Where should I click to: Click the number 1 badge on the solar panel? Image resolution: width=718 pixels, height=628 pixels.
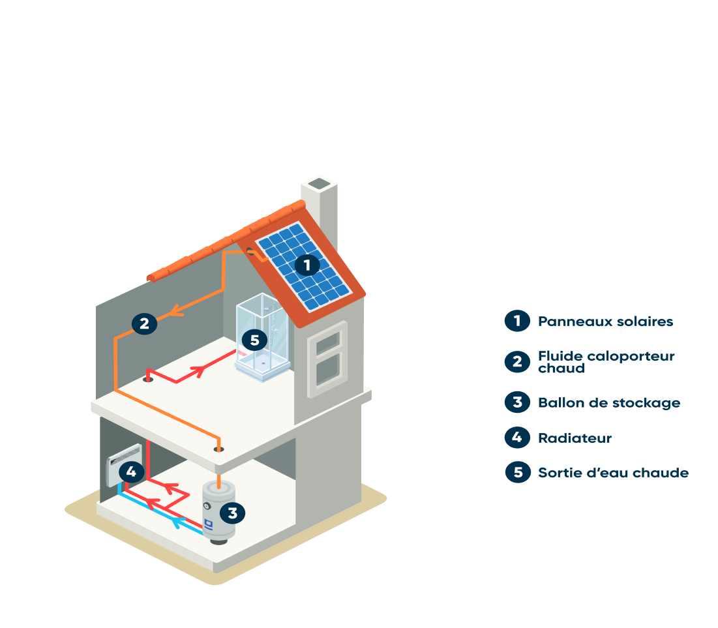(307, 265)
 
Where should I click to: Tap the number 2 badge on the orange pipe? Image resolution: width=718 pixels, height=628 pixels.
(144, 323)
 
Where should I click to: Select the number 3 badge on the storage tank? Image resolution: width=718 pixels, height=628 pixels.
(232, 513)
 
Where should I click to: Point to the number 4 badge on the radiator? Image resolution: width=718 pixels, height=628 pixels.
(132, 471)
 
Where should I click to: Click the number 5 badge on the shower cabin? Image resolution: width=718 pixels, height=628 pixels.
(254, 340)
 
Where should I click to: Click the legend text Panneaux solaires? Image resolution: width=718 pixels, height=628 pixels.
(605, 321)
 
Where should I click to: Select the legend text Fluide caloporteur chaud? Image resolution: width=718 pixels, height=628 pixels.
(606, 362)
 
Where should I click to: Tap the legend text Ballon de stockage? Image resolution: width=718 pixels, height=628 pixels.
(608, 403)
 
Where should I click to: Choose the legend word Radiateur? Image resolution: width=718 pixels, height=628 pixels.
(575, 438)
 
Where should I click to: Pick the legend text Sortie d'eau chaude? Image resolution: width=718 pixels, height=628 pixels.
(613, 473)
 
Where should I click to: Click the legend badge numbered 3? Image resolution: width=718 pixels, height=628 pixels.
(517, 402)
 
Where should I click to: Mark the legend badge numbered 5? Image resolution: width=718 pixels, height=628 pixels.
(518, 472)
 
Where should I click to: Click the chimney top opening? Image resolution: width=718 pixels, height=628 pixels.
(320, 184)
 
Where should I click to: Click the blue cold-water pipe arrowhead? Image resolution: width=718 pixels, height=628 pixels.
(176, 522)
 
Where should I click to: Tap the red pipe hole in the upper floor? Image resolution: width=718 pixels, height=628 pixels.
(148, 378)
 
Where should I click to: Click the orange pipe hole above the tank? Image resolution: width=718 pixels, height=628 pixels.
(219, 449)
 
